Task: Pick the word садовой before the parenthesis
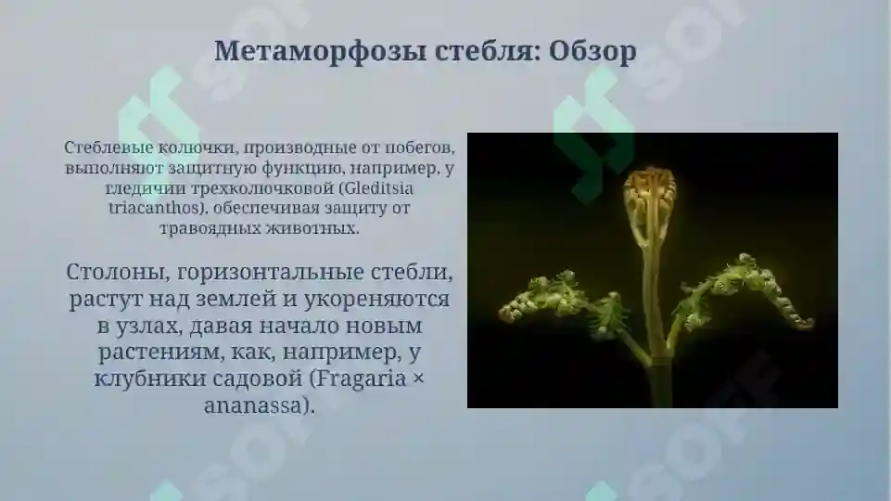(x=255, y=379)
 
